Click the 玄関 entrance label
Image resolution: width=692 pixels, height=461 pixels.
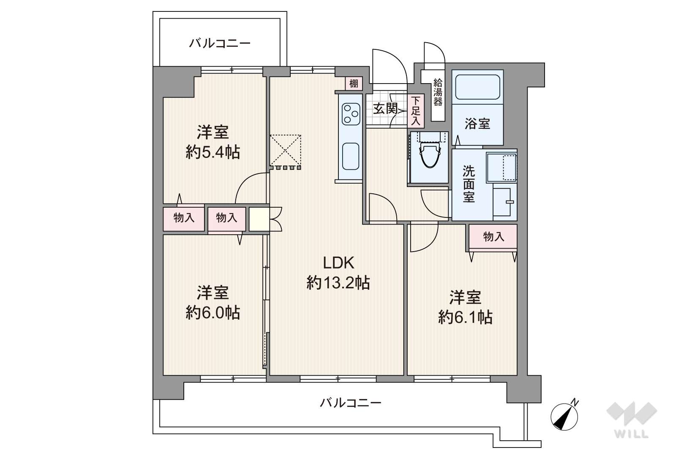tap(385, 108)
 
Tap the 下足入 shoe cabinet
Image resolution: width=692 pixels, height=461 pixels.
tap(416, 111)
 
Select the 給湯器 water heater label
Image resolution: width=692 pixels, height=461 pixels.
tap(438, 92)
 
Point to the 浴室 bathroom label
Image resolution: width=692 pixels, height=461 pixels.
tap(477, 124)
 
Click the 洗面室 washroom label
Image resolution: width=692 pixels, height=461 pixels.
tap(469, 184)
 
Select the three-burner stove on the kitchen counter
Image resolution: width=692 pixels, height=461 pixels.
tap(351, 114)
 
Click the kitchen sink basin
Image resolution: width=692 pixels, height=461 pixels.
tap(351, 156)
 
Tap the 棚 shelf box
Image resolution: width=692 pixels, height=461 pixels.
tap(354, 83)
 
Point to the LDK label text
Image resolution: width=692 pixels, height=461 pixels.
tap(338, 263)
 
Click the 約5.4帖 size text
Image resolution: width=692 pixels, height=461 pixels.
tap(213, 152)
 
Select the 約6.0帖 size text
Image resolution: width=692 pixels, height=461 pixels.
tap(213, 312)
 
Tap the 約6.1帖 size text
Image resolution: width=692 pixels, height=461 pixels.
tap(465, 317)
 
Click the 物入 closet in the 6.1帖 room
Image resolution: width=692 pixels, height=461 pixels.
tap(493, 236)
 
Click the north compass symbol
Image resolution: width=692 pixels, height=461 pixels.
tap(564, 417)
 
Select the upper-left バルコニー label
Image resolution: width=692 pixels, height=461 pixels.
tap(220, 43)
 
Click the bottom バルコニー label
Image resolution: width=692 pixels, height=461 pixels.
tap(351, 403)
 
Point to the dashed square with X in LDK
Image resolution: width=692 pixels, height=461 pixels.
tap(286, 150)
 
